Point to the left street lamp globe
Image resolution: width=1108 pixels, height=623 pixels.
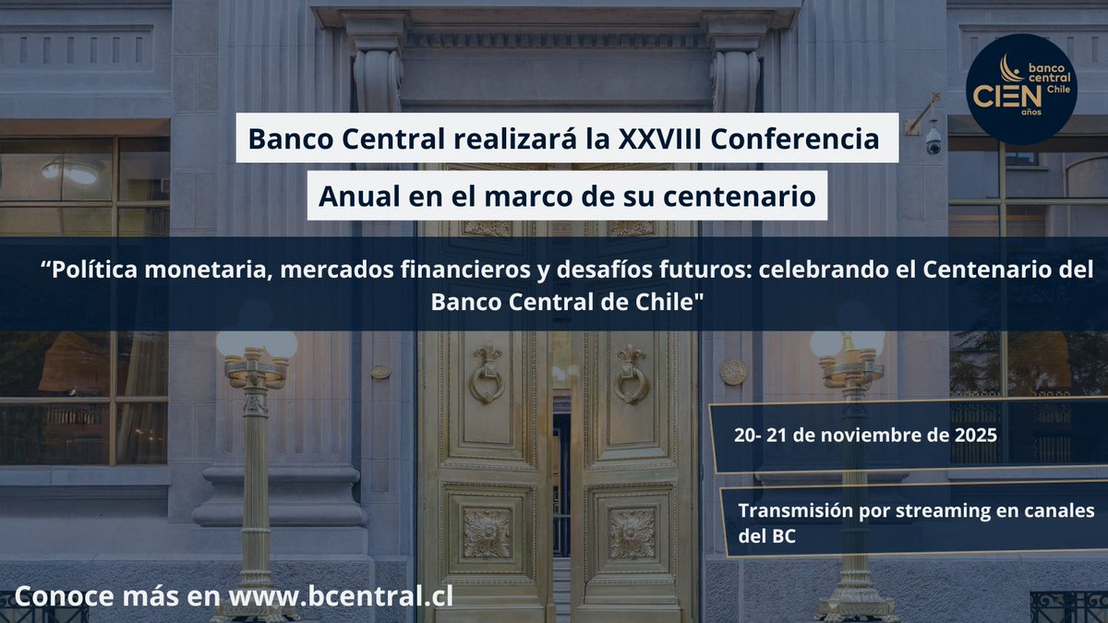coord(256,343)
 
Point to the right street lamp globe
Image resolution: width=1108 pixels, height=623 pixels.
coord(847,343)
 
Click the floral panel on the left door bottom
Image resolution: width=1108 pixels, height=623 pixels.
coord(486,533)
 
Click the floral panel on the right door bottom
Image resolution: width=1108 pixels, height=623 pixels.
coord(632,533)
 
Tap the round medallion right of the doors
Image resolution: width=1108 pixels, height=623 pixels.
coord(733,372)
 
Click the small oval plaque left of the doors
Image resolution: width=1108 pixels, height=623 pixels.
coord(379,371)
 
